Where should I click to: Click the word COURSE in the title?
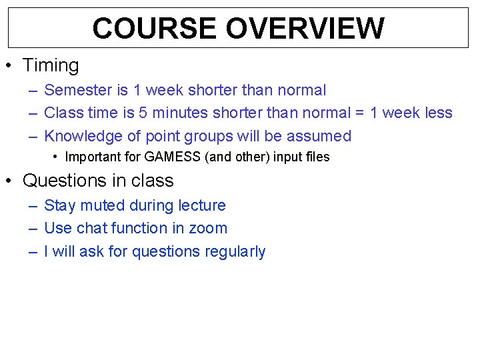[x=155, y=29]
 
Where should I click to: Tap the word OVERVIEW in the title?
[x=305, y=29]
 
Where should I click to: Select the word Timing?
[x=51, y=65]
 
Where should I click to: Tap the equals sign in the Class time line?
[x=359, y=113]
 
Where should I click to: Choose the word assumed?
[x=319, y=136]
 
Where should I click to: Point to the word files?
[x=317, y=158]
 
